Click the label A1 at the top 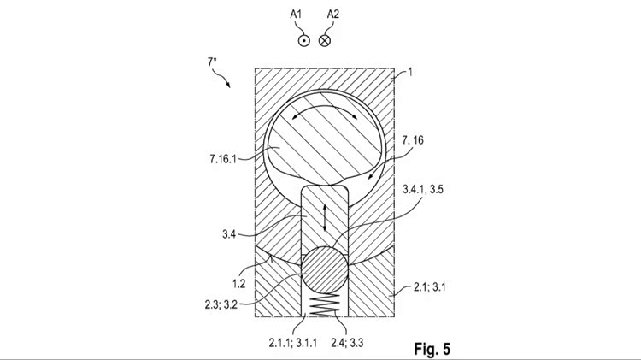coord(296,15)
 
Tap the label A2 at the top coord(333,15)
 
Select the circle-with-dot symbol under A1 coord(303,40)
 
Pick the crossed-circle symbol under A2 coord(324,40)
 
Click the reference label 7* coord(212,62)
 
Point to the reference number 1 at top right coord(410,73)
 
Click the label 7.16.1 coord(223,159)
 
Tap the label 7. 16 coord(413,140)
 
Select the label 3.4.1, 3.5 coord(423,190)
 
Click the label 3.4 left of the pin coord(229,234)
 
